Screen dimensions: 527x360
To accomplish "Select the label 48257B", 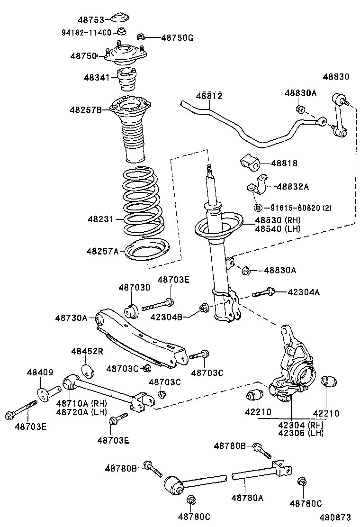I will point(86,109).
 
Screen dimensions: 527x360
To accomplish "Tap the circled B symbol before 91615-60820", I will point(258,208).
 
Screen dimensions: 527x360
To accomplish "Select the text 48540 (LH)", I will point(278,228).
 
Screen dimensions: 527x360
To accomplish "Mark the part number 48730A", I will point(71,318).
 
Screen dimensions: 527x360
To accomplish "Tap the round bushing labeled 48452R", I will point(87,370).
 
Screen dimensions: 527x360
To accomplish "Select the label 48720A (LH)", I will point(81,412).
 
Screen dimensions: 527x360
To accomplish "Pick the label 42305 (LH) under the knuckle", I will point(301,433).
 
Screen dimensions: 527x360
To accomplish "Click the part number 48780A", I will point(247,498).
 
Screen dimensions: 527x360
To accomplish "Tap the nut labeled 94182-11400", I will point(121,32).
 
